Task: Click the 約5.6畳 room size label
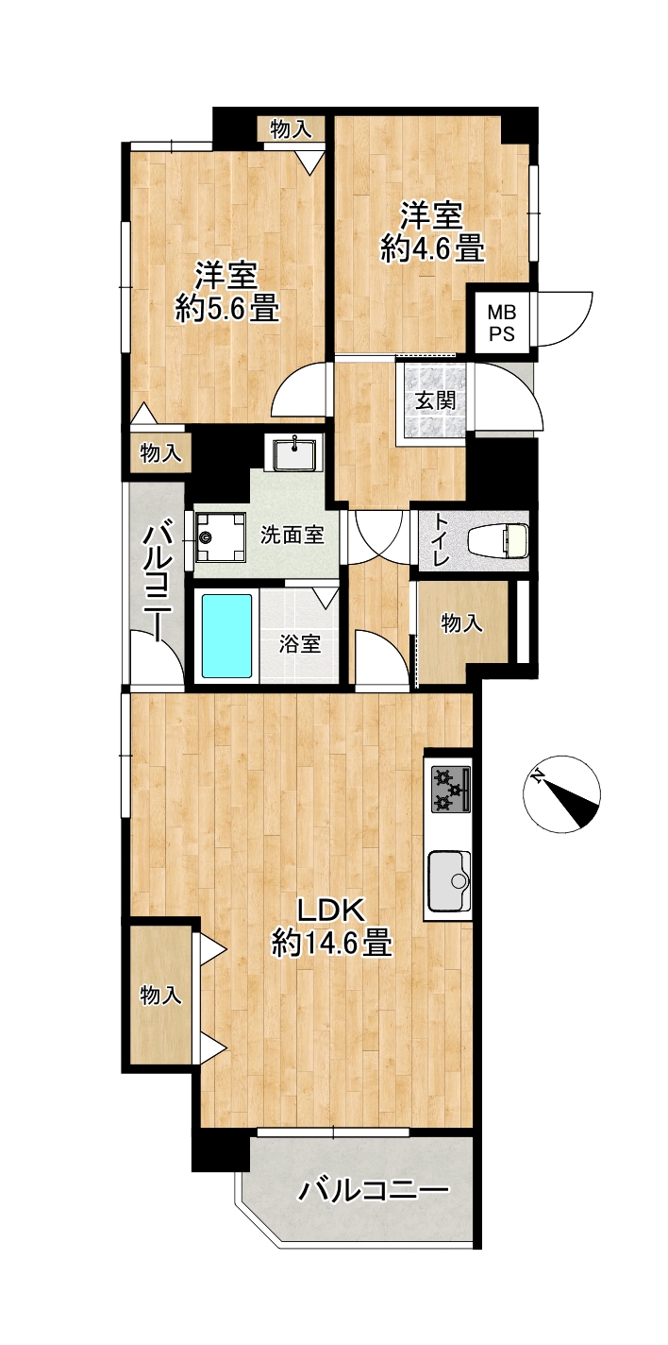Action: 227,309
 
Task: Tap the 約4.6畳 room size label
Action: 432,248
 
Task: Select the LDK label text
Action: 331,912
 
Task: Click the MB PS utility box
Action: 502,323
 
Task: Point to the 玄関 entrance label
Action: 435,400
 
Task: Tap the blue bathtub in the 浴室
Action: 226,636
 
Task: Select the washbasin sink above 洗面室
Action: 295,454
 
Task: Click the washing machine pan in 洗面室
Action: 220,536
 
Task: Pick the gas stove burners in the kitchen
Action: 450,791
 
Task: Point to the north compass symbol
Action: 561,793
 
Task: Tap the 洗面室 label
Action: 292,535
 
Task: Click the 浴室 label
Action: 300,644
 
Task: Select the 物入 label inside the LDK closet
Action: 160,996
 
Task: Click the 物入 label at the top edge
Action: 291,128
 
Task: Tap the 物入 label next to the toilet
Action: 461,623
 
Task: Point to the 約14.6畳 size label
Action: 331,942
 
